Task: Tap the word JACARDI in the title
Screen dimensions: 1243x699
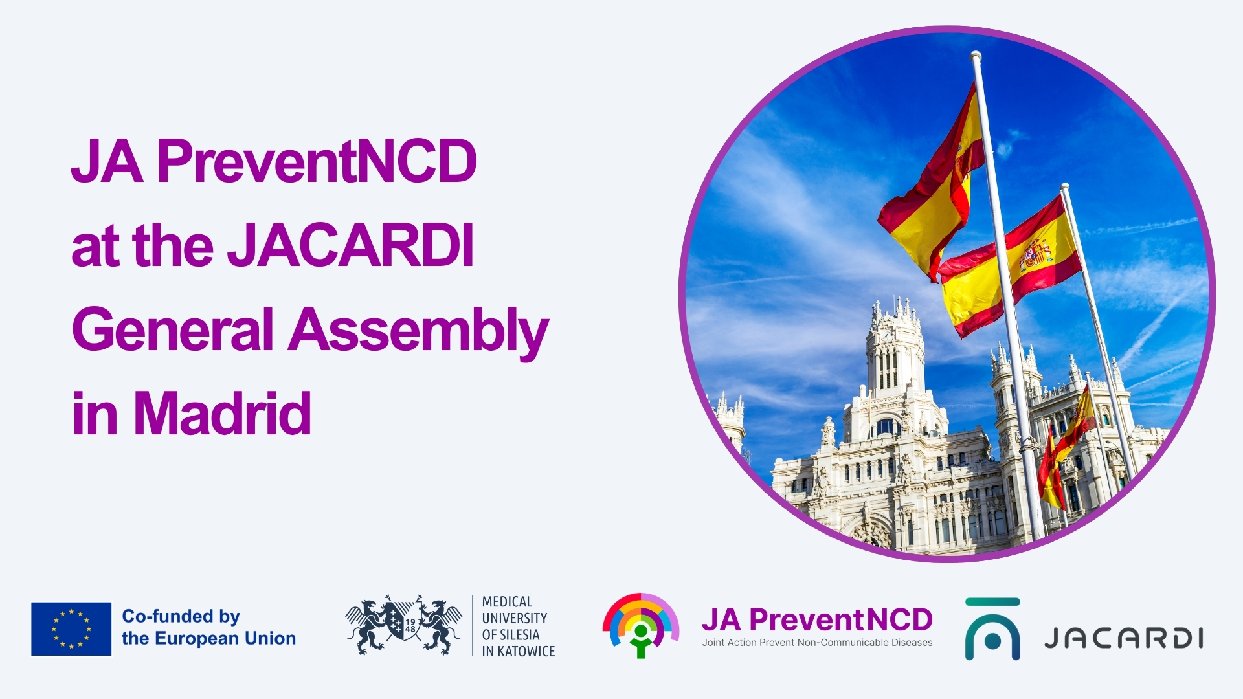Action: coord(351,245)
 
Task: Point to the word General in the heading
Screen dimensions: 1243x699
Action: coord(174,329)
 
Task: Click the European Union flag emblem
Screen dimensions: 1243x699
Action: coord(71,628)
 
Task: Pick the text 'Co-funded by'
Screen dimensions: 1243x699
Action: coord(181,617)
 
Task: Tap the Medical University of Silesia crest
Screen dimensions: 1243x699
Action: coord(403,625)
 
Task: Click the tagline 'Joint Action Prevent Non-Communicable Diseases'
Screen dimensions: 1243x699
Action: coord(817,643)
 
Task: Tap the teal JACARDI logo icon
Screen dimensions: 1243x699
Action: coord(992,629)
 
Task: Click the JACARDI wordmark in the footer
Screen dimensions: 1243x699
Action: coord(1124,638)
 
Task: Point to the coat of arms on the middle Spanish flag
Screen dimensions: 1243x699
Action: coord(1035,255)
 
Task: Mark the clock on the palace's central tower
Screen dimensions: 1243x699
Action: coord(886,336)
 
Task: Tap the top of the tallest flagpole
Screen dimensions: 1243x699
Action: coord(976,56)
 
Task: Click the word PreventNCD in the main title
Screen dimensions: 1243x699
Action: coord(317,162)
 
